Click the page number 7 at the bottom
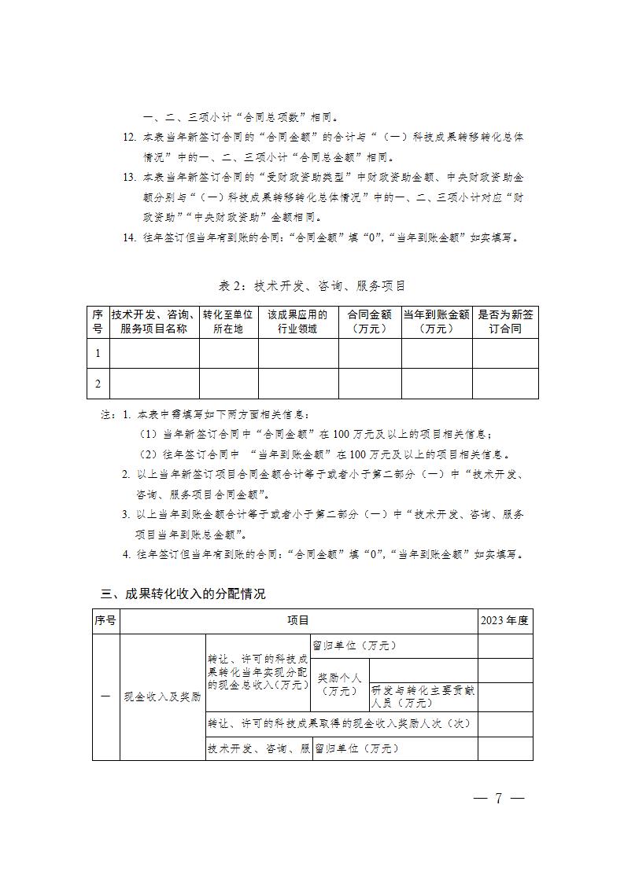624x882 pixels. pyautogui.click(x=497, y=799)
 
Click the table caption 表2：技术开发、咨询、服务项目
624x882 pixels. pyautogui.click(x=312, y=285)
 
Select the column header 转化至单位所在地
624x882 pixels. pyautogui.click(x=228, y=322)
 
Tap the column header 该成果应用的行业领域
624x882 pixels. pyautogui.click(x=297, y=322)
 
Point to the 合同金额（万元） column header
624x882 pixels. pyautogui.click(x=370, y=322)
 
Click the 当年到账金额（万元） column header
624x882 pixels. pyautogui.click(x=437, y=322)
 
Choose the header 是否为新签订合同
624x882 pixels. pyautogui.click(x=505, y=322)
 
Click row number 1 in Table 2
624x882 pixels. pyautogui.click(x=98, y=353)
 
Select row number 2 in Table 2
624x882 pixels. pyautogui.click(x=98, y=384)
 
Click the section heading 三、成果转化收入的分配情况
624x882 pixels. pyautogui.click(x=183, y=594)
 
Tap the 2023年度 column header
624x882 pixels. pyautogui.click(x=505, y=621)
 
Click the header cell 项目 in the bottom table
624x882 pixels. pyautogui.click(x=298, y=621)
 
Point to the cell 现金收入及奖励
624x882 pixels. pyautogui.click(x=163, y=696)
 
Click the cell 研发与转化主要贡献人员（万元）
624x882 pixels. pyautogui.click(x=423, y=696)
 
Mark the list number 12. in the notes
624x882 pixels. pyautogui.click(x=130, y=138)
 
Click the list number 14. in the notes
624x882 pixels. pyautogui.click(x=130, y=238)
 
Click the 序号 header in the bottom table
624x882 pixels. pyautogui.click(x=105, y=621)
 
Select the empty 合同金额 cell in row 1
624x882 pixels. pyautogui.click(x=370, y=353)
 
